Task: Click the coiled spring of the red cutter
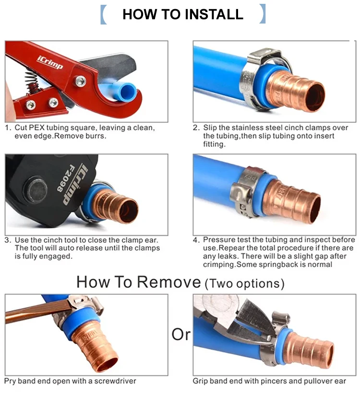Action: [x=32, y=81]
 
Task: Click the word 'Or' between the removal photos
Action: [x=181, y=335]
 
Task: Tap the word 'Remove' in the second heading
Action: [x=169, y=282]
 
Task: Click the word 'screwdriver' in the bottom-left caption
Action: [x=115, y=381]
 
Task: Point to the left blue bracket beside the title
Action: [x=103, y=14]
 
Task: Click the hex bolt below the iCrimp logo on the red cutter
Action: [x=80, y=82]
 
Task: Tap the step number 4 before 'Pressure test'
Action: [x=196, y=240]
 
